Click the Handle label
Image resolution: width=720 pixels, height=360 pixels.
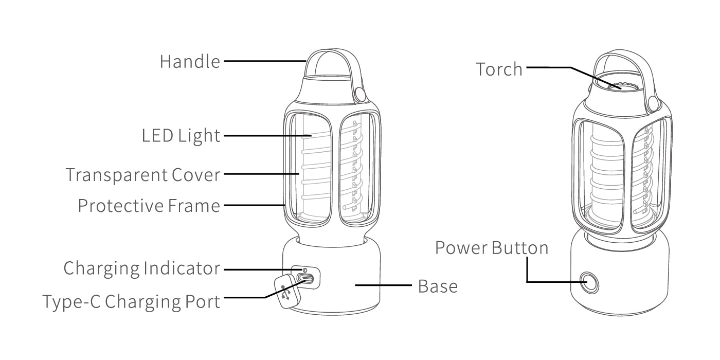[190, 61]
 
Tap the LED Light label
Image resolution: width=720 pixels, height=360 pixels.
[181, 136]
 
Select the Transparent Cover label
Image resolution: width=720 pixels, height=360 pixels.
[143, 175]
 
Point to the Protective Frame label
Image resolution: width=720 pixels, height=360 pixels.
[149, 206]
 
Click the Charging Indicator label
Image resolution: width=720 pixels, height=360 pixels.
[142, 268]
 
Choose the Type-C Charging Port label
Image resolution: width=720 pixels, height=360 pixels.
[132, 302]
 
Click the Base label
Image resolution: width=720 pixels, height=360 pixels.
[438, 286]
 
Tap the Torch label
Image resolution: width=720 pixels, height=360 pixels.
[499, 69]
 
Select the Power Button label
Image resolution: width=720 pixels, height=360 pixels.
[492, 248]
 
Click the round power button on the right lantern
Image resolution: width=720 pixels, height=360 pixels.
[589, 283]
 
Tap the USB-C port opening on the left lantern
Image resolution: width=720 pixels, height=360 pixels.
[305, 278]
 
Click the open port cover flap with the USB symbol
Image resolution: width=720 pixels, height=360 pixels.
[287, 292]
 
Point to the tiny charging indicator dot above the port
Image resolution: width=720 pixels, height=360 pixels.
[304, 269]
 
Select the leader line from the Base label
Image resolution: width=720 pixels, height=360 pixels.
[383, 285]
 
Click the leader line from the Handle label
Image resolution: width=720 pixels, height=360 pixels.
[265, 61]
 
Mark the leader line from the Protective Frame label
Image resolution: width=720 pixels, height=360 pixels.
[254, 205]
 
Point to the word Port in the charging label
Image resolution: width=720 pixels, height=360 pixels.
[203, 302]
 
